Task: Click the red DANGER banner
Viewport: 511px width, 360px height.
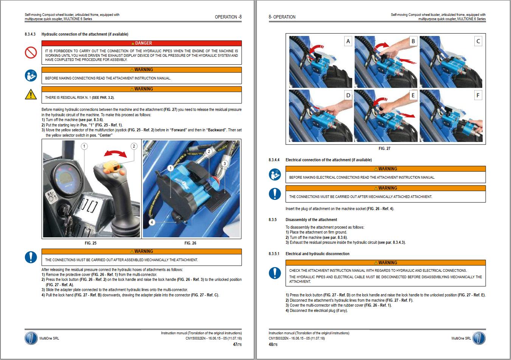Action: click(141, 43)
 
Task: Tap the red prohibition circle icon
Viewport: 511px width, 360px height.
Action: click(31, 53)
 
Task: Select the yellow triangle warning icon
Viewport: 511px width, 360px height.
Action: click(31, 94)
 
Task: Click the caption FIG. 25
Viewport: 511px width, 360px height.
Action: click(90, 243)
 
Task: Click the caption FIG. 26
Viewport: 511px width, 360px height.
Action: click(190, 243)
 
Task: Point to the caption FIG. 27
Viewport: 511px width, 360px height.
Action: click(384, 148)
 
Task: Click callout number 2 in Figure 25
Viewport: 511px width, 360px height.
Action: click(134, 146)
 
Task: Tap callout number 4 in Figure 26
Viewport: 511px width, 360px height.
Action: click(152, 222)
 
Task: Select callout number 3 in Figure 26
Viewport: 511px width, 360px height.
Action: click(225, 164)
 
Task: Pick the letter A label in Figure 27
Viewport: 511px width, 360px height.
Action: click(348, 41)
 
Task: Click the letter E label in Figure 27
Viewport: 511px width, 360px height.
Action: click(413, 95)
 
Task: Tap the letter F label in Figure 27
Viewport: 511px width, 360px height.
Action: click(478, 95)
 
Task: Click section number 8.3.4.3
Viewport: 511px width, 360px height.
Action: click(30, 34)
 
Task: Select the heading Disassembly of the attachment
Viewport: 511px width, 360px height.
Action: click(311, 220)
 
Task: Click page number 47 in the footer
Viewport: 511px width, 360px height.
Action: click(235, 344)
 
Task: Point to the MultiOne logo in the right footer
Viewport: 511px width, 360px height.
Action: click(479, 338)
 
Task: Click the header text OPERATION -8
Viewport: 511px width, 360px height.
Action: click(228, 17)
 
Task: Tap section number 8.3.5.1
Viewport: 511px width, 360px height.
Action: click(274, 254)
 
